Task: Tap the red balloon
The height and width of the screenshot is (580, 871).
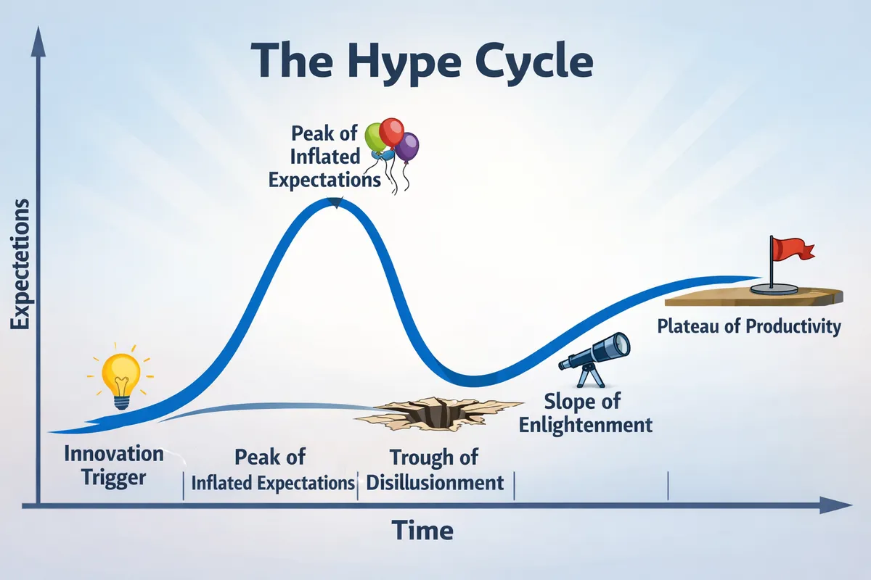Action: point(392,133)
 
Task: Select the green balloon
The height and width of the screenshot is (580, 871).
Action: point(375,137)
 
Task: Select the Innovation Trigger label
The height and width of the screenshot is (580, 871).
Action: point(114,465)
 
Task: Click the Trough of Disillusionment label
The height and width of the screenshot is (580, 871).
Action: point(434,470)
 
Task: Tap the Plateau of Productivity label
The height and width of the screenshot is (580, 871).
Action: point(748,326)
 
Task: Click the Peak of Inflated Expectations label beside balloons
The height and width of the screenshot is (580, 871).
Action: point(325,157)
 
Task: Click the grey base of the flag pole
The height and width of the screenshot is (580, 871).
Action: point(774,289)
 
